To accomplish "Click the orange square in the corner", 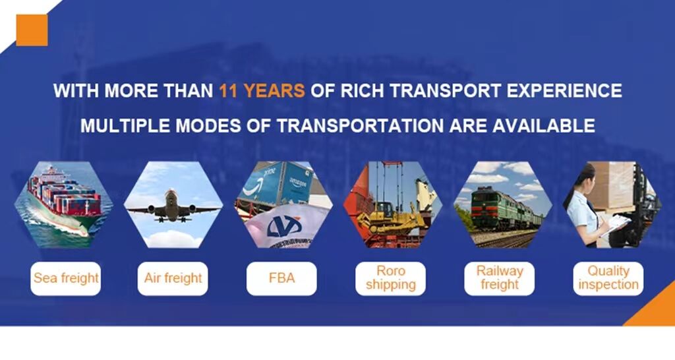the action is (x=32, y=30).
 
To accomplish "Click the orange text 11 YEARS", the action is (x=262, y=91).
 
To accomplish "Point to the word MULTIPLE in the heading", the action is (x=125, y=126).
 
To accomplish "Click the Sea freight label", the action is (x=66, y=278).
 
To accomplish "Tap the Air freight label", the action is (x=173, y=278).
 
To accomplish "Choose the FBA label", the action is (x=281, y=278).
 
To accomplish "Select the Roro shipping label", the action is (x=390, y=278).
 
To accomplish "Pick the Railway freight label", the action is (x=500, y=278).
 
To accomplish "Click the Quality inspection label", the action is (x=608, y=278).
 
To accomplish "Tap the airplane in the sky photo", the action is (x=173, y=206).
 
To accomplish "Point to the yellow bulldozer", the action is (x=390, y=218).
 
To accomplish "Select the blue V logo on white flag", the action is (x=283, y=226).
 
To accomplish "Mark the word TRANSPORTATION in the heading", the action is (x=359, y=126).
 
